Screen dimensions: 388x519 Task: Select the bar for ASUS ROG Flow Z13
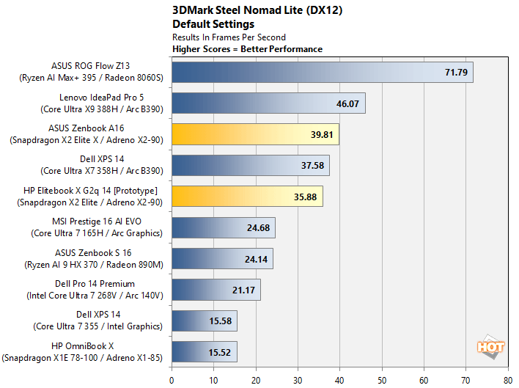(x=322, y=73)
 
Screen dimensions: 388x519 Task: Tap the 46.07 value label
(x=347, y=103)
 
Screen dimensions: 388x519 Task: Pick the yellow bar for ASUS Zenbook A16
(x=255, y=134)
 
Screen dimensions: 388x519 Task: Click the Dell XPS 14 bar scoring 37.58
(x=250, y=165)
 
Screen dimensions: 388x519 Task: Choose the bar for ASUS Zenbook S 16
(x=222, y=258)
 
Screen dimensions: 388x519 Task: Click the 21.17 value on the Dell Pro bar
(x=243, y=290)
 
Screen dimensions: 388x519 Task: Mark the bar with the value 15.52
(x=204, y=351)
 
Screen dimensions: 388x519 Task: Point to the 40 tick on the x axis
(x=339, y=380)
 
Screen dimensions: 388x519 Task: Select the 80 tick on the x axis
(x=507, y=380)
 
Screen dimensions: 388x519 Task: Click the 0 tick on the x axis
(x=172, y=380)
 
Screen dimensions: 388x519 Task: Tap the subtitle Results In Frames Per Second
(x=229, y=37)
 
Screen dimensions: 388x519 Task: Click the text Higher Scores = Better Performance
(x=247, y=49)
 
